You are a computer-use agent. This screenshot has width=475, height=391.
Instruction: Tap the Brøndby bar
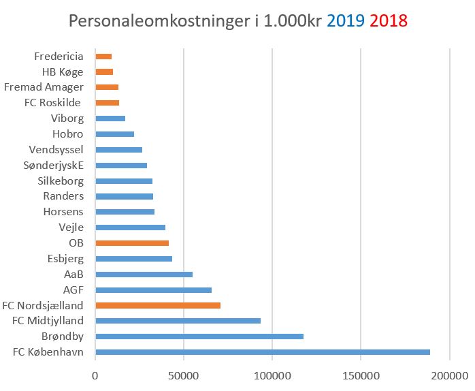click(x=199, y=337)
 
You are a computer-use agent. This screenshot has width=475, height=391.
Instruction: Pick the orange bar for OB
click(x=132, y=243)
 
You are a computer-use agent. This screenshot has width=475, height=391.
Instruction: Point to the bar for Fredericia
click(x=103, y=57)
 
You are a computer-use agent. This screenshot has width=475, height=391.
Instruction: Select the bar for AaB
click(x=144, y=275)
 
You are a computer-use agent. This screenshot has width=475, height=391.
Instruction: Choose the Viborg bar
click(x=110, y=119)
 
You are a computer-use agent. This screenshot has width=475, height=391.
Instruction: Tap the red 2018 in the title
click(x=389, y=21)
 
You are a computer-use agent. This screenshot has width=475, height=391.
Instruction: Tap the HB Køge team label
click(x=63, y=72)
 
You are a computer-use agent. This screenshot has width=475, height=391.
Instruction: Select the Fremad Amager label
click(x=44, y=87)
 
